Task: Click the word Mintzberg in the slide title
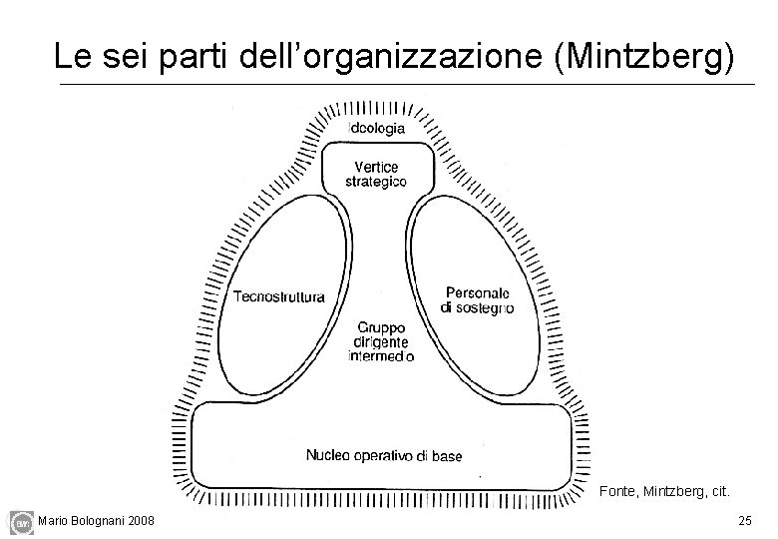pos(639,56)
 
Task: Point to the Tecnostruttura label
pos(279,295)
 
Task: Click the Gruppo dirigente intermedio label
pos(382,340)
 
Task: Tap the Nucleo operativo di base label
pos(384,456)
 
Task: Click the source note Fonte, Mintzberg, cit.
pos(664,491)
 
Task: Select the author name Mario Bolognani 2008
pos(96,520)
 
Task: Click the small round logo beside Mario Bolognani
pos(20,521)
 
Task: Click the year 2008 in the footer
pos(140,520)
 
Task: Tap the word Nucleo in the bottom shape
pos(327,456)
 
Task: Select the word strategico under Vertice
pos(376,182)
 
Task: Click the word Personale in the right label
pos(478,292)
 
